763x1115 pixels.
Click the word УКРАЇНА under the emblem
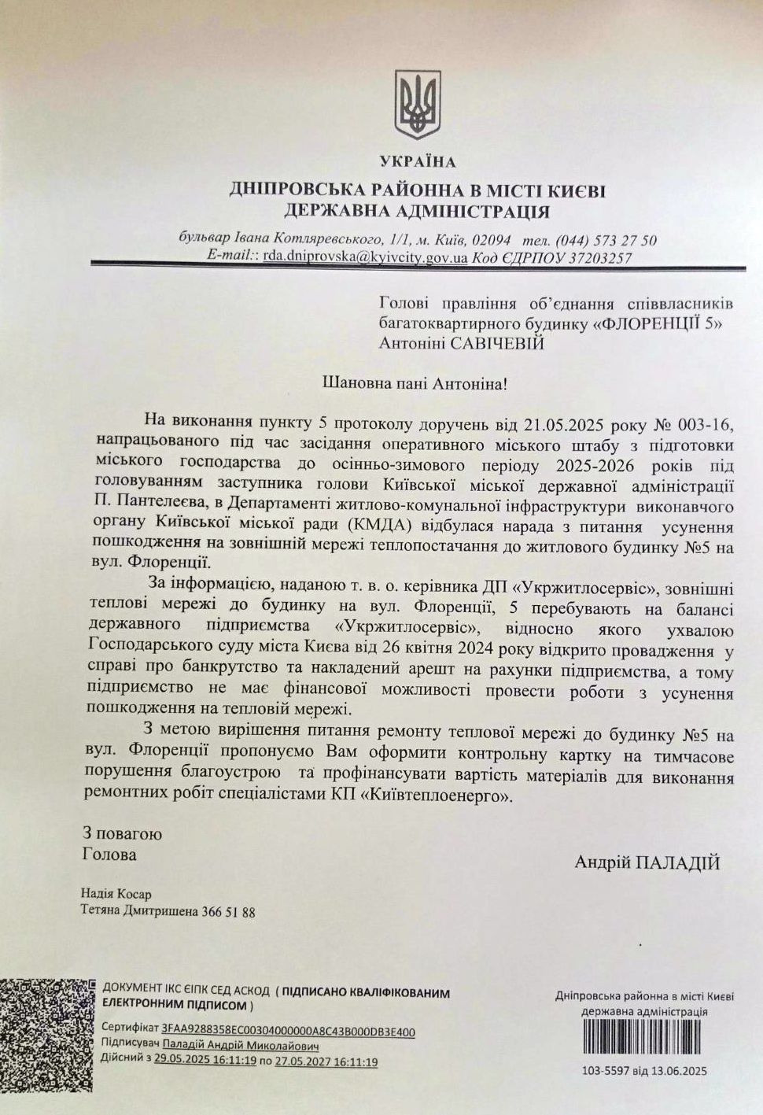(x=418, y=162)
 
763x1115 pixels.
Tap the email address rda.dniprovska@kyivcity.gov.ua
(x=366, y=257)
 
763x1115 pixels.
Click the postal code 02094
(x=492, y=240)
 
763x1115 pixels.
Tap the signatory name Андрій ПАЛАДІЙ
(x=647, y=862)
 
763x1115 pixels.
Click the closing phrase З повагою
(x=122, y=833)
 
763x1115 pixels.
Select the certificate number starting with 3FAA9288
(x=288, y=1032)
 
